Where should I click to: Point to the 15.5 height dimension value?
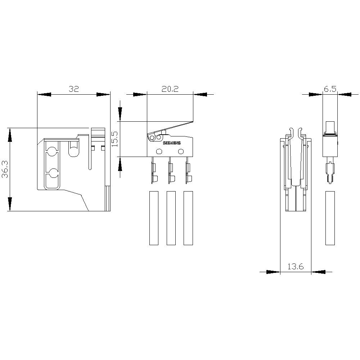click(115, 139)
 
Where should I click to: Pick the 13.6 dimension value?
click(296, 267)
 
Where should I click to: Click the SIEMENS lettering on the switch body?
click(172, 143)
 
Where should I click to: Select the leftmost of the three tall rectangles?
click(154, 218)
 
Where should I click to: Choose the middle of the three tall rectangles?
click(171, 218)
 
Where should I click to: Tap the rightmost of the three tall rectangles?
click(188, 218)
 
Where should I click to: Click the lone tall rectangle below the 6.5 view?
click(330, 218)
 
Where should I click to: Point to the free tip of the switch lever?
click(192, 122)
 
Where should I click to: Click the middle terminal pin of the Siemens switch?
click(170, 171)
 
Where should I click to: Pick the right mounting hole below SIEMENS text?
click(181, 151)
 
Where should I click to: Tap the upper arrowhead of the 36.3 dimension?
click(10, 134)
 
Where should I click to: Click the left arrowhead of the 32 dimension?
click(44, 95)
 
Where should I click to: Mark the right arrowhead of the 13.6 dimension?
click(318, 272)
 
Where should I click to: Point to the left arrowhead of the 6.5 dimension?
click(316, 95)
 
